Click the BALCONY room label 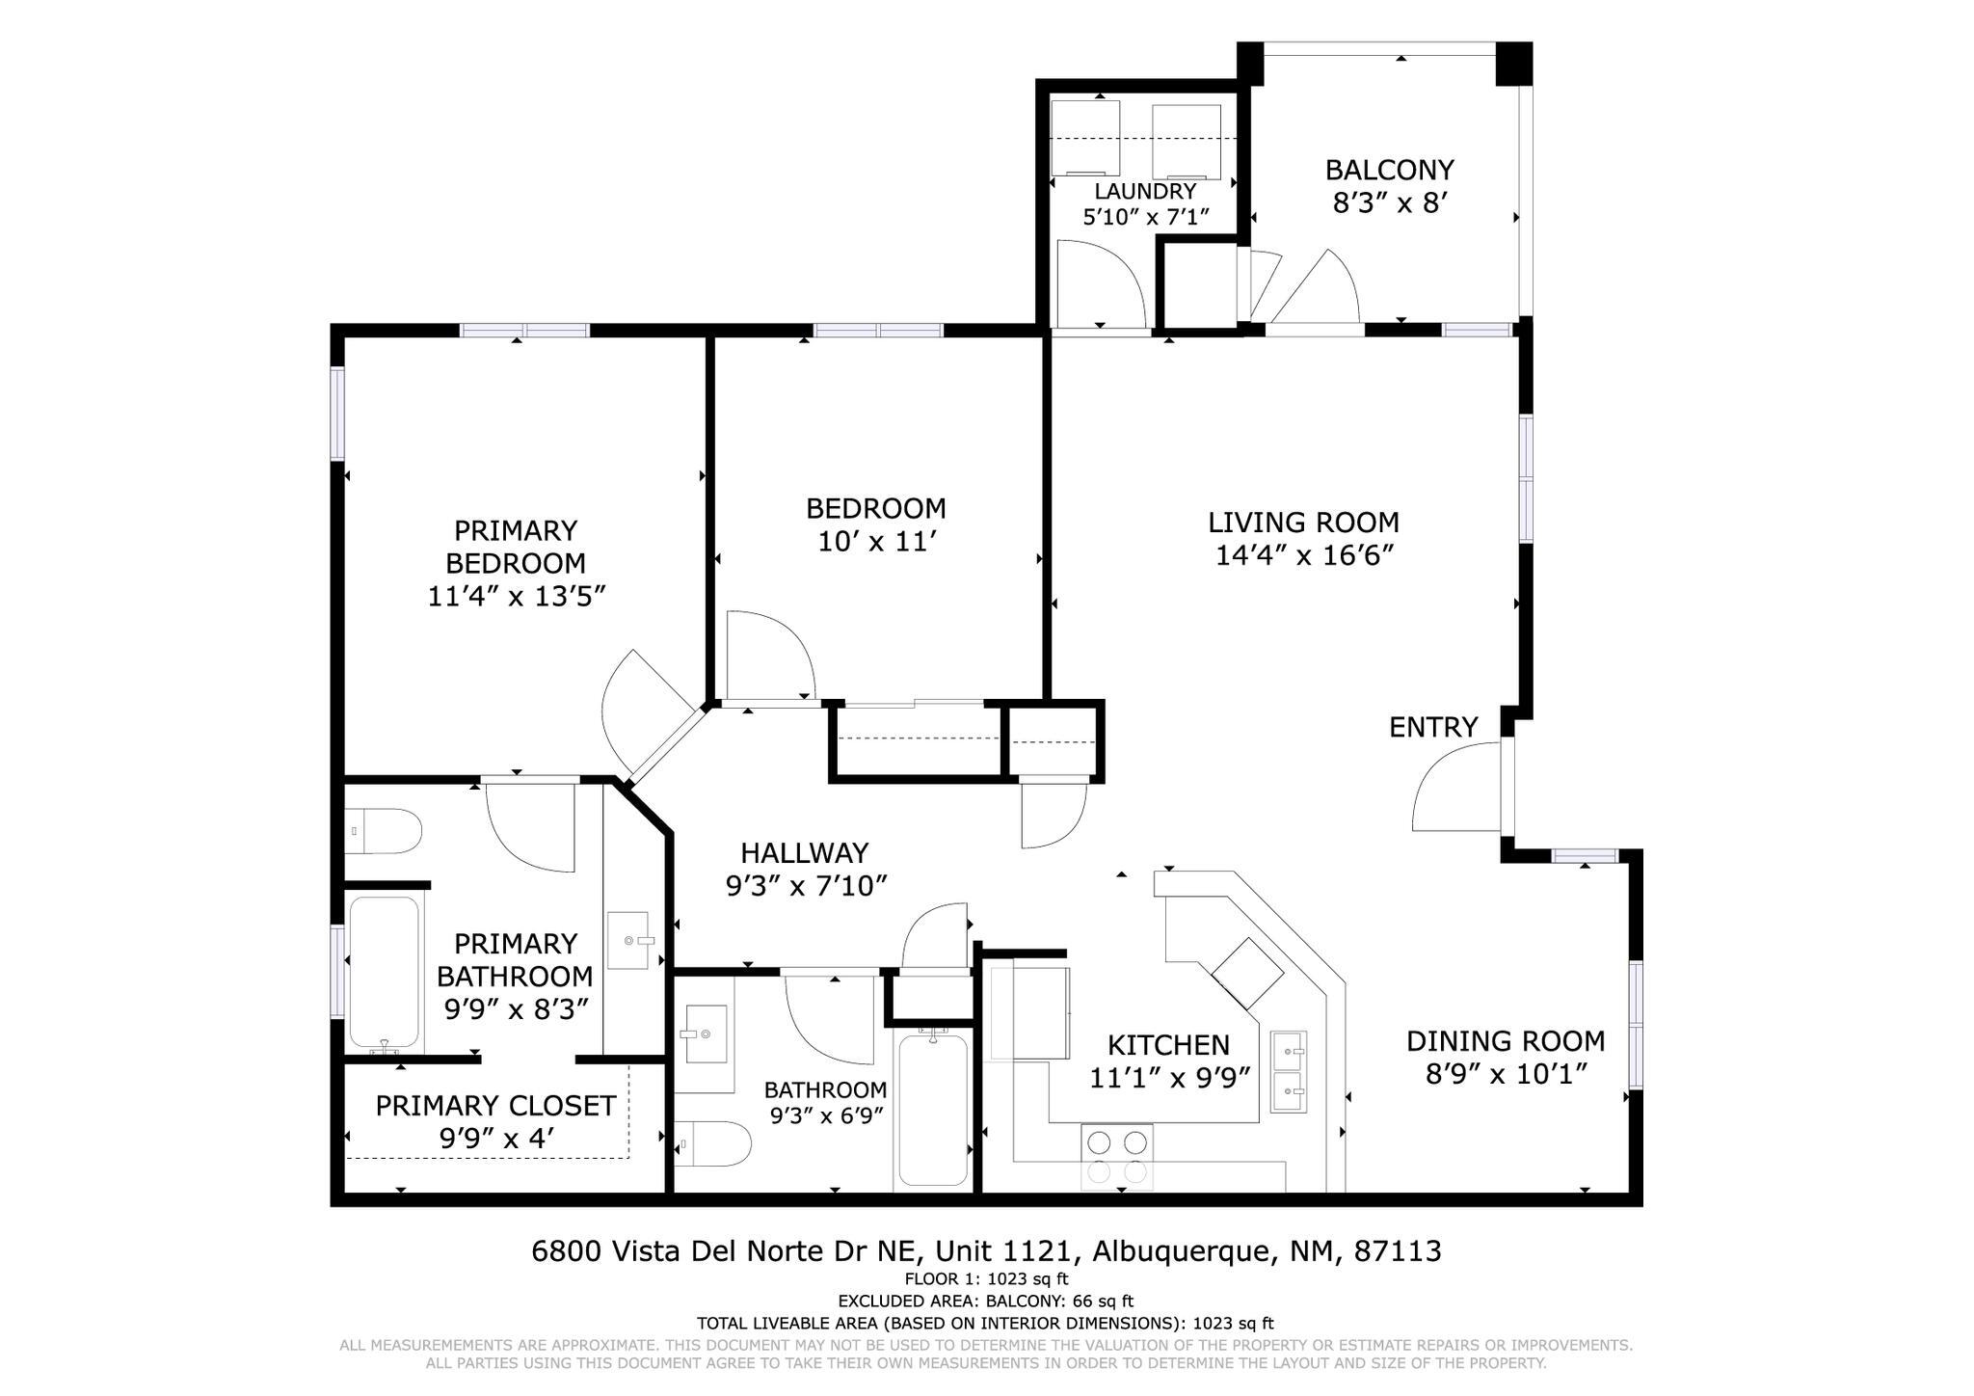1389,170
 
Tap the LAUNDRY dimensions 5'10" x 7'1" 1145,217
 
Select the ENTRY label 1432,727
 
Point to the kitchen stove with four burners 1116,1157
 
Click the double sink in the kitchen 1289,1071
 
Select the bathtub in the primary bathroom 385,975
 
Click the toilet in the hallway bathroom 713,1145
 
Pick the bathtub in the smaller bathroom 932,1109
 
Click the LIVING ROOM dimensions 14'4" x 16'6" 1304,555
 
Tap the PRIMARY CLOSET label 494,1106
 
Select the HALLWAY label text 805,852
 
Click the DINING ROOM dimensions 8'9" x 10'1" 1506,1073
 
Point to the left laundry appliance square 1084,138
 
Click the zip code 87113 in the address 1397,1251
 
